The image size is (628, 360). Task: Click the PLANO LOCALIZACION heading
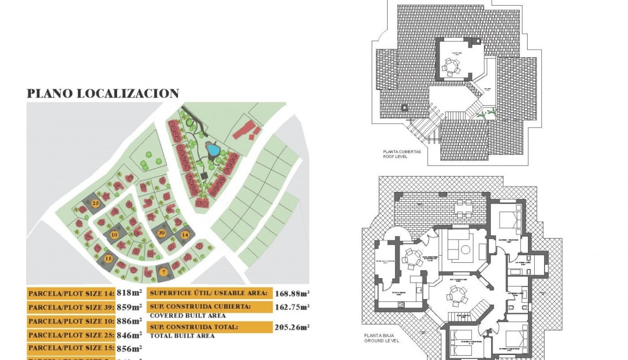tap(103, 93)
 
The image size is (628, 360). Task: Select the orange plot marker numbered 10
tap(114, 234)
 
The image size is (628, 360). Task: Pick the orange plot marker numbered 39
tap(161, 232)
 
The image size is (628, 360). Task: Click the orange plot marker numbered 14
tap(185, 234)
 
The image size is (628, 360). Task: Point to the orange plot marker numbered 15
tap(109, 259)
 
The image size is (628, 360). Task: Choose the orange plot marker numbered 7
tap(163, 272)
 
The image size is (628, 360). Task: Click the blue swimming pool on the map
tap(213, 151)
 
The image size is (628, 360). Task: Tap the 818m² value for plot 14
tap(129, 293)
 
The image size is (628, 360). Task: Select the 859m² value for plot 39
tap(129, 307)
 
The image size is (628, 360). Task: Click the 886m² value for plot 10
tap(129, 321)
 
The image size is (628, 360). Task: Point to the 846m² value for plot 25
tap(129, 335)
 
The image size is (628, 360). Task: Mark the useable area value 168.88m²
tap(292, 293)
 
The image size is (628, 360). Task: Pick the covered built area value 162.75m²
tap(292, 307)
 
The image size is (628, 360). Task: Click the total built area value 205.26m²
tap(292, 327)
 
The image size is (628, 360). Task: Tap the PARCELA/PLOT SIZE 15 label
tap(71, 349)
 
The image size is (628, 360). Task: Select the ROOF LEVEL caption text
tap(395, 156)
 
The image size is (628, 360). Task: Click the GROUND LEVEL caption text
tap(382, 341)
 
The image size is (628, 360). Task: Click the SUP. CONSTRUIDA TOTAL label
tap(194, 327)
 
